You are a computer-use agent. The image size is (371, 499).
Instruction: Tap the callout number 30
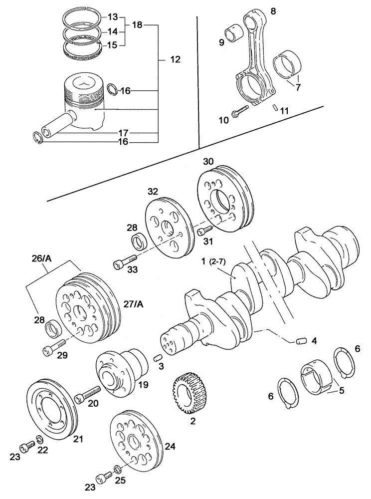208,161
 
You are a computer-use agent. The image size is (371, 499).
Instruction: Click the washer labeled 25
117,469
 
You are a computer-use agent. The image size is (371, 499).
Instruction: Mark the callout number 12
175,59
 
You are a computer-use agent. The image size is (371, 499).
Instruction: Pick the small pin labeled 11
275,107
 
